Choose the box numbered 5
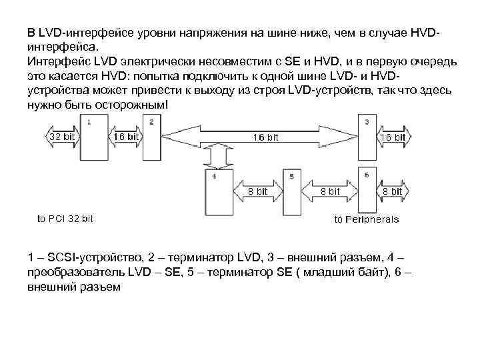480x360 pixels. point(291,192)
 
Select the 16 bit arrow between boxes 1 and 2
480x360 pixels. point(125,137)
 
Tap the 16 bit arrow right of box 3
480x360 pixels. point(391,137)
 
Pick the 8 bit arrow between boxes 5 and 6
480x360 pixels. point(329,191)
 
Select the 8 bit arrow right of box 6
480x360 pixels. point(391,191)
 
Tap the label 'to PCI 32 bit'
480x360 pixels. point(65,218)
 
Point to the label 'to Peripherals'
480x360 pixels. point(367,219)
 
